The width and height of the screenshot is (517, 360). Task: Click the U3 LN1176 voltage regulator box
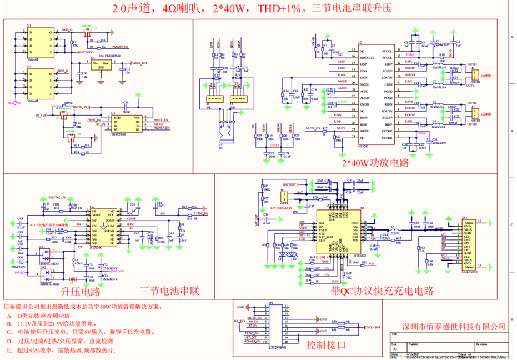click(102, 66)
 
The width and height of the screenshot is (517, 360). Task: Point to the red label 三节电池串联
click(169, 291)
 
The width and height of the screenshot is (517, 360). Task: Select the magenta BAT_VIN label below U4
click(15, 103)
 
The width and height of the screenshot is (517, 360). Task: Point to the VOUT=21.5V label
click(57, 197)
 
